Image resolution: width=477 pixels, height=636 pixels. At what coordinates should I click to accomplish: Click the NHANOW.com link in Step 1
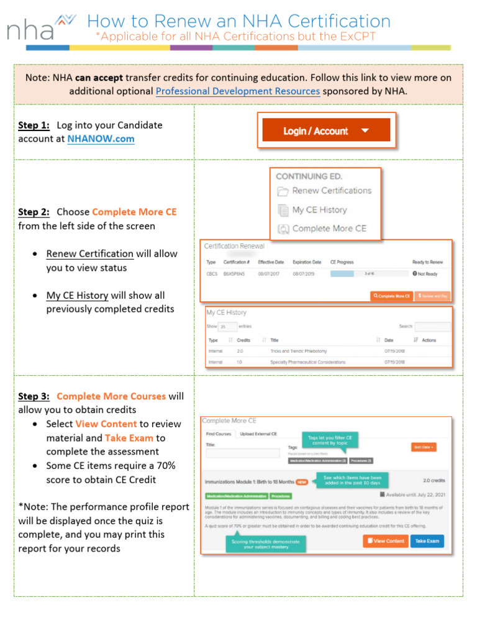pos(101,139)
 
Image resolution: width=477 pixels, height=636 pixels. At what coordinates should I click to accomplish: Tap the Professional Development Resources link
pos(237,91)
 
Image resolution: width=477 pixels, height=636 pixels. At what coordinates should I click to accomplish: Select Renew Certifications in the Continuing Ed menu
pos(331,191)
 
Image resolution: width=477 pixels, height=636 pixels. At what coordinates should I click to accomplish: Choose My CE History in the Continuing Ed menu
pos(319,210)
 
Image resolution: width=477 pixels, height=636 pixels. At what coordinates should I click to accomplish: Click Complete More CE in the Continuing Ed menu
pos(329,229)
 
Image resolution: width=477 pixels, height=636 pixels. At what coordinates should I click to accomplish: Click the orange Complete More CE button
pos(391,296)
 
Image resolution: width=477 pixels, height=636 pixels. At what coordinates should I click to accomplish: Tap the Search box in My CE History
pos(433,326)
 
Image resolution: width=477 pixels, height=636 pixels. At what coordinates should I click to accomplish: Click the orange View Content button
pos(385,541)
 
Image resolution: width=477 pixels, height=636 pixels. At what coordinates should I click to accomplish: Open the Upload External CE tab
pos(258,434)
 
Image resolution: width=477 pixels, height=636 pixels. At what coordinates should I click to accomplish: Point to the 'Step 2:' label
pos(34,212)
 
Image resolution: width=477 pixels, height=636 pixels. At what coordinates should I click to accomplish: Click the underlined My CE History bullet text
pos(77,296)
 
